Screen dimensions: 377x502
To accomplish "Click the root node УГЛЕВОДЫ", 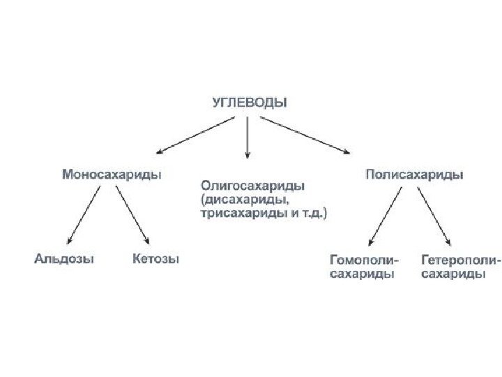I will tap(249, 103).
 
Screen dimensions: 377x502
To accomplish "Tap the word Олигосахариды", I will tap(252, 186).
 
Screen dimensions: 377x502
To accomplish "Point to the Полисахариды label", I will tap(414, 174).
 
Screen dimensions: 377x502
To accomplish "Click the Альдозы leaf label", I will tap(64, 259).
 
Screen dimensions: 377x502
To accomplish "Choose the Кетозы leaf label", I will tap(155, 259).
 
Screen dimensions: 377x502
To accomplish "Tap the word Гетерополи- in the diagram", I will tap(461, 260).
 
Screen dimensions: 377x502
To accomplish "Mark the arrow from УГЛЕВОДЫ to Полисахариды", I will tap(305, 135).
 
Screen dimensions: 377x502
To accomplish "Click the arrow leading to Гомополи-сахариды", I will tap(385, 215).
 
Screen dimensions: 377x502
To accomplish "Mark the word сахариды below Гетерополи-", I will tap(453, 274).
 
